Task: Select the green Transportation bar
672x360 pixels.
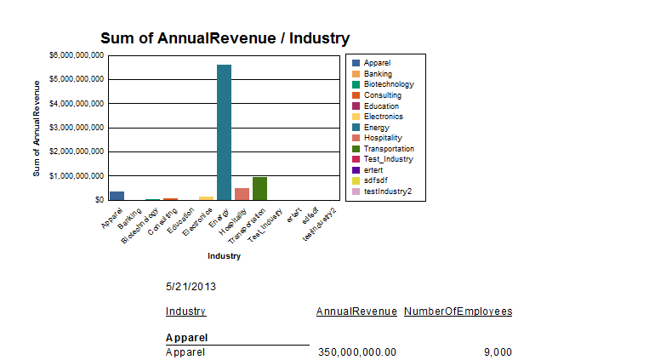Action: (259, 188)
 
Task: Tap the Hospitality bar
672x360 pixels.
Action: (242, 194)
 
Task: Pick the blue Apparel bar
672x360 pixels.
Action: (117, 196)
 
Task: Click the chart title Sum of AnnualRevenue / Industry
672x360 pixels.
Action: (225, 38)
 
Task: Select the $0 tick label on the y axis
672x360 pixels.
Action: (99, 200)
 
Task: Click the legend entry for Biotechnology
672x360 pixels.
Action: (388, 84)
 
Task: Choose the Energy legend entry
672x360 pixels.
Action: (376, 127)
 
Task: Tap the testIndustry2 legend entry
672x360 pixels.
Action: (387, 191)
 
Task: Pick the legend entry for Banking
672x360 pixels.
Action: (378, 74)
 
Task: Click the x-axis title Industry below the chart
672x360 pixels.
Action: (224, 256)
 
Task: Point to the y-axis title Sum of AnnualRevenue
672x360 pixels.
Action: (37, 128)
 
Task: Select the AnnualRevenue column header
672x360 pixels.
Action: (356, 311)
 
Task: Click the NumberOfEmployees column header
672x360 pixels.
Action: (458, 311)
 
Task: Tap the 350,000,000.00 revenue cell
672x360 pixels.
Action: (356, 351)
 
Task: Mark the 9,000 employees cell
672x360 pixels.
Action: (498, 351)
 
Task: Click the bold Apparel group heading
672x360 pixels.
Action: (187, 338)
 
